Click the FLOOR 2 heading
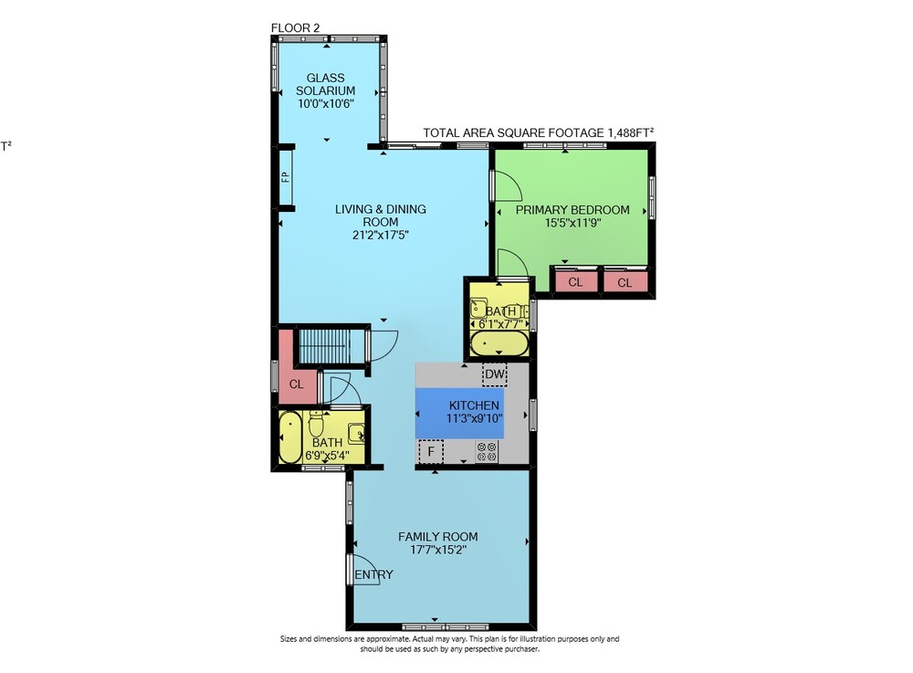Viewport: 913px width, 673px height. pos(295,28)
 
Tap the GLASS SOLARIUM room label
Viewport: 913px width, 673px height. pos(326,84)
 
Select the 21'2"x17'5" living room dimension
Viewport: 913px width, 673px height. pos(381,236)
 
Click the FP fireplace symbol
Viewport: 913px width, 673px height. pos(285,176)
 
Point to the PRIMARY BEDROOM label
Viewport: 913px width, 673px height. pos(572,210)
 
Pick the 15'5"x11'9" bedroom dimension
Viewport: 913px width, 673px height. pos(572,223)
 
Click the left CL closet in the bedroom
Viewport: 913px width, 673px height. pos(575,282)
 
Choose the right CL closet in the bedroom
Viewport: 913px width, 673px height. pos(624,282)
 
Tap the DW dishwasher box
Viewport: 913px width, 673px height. pos(494,373)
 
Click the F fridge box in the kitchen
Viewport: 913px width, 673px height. pos(431,451)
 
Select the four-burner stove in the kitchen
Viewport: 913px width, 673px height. pos(487,452)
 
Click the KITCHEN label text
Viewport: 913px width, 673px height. pos(474,405)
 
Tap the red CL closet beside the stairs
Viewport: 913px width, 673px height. pos(297,375)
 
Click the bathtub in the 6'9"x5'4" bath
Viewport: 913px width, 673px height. pos(289,437)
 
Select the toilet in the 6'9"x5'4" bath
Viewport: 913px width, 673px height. pos(316,424)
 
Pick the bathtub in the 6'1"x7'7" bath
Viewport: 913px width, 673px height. pos(499,343)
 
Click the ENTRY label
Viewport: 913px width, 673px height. pos(373,574)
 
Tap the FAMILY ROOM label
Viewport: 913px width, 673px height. pos(438,537)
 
